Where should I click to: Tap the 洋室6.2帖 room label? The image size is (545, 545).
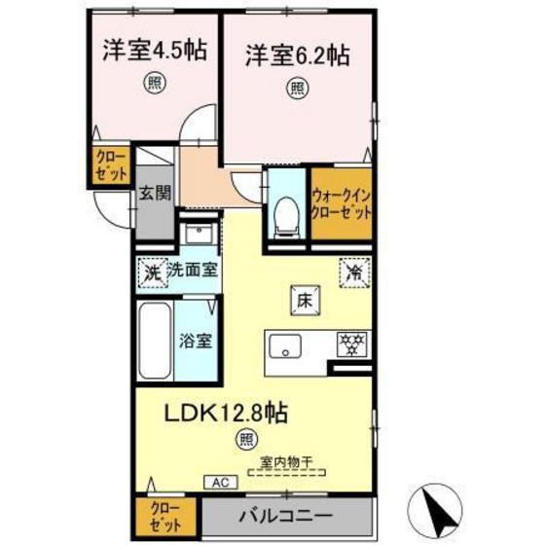click(x=297, y=54)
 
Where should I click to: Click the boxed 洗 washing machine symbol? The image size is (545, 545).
click(x=151, y=273)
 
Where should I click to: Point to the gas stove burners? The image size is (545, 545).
click(x=349, y=343)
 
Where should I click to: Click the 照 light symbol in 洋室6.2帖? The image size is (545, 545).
click(x=296, y=88)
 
